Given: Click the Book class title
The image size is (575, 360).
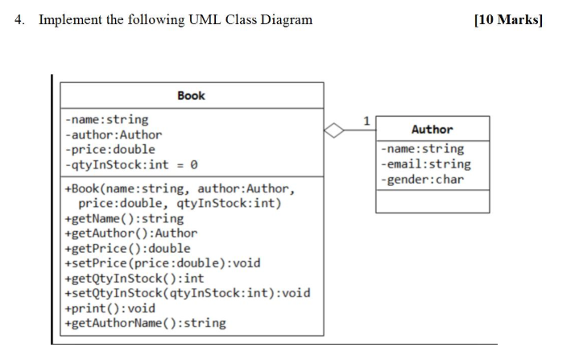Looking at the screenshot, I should [191, 96].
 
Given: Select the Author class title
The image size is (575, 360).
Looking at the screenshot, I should [432, 129].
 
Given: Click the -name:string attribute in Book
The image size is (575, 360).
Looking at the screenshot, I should [106, 119].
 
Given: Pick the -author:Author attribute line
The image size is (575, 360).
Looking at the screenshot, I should [113, 134].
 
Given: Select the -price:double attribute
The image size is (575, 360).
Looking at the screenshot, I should [110, 149].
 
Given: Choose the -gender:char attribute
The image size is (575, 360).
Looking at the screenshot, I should [423, 179].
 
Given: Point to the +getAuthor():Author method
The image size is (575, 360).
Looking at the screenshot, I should [130, 234].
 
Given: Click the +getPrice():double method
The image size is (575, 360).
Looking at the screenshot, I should [126, 248].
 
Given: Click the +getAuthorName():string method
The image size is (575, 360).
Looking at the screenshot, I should [144, 323].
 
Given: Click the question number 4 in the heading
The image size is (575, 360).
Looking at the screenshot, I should [19, 19].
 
